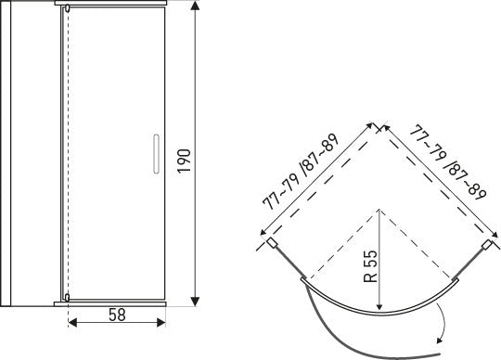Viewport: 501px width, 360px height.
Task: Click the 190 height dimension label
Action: pyautogui.click(x=185, y=161)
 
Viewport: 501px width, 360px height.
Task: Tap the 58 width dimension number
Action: pyautogui.click(x=117, y=315)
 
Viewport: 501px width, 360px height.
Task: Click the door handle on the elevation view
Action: pyautogui.click(x=156, y=154)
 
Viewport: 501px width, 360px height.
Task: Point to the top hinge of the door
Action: pyautogui.click(x=67, y=9)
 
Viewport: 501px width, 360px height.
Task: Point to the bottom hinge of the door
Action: pyautogui.click(x=67, y=298)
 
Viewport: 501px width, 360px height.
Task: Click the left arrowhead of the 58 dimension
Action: pyautogui.click(x=72, y=323)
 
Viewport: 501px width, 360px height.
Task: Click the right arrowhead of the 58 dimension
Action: pyautogui.click(x=161, y=323)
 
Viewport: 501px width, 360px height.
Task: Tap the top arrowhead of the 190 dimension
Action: pyautogui.click(x=195, y=6)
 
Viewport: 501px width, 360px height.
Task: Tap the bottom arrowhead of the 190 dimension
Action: pyautogui.click(x=195, y=302)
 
